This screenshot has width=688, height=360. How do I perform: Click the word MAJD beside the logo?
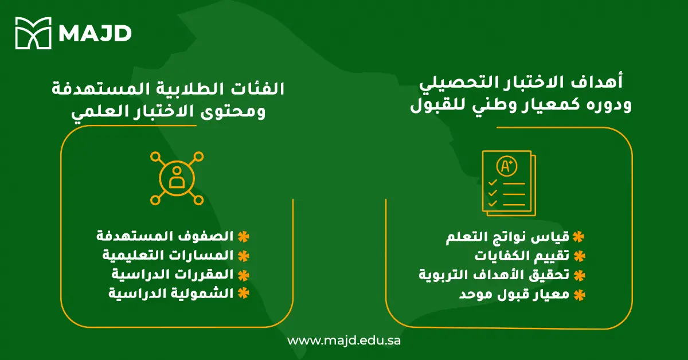tap(95, 33)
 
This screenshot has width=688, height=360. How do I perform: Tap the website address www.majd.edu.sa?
tap(344, 341)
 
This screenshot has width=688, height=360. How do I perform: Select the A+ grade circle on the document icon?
tap(507, 167)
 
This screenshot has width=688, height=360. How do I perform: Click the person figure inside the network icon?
tap(177, 178)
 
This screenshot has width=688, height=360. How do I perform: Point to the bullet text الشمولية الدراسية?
tap(171, 293)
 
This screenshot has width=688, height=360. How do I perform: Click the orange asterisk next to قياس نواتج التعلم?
tap(579, 237)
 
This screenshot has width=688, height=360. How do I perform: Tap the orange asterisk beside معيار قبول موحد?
tap(579, 295)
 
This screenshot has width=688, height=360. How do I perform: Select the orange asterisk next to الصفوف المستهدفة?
tap(244, 236)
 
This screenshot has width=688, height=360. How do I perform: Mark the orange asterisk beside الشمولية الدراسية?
tap(244, 293)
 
